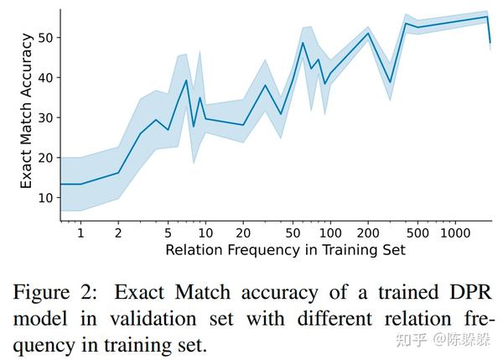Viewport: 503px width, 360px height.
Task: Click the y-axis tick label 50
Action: [x=44, y=38]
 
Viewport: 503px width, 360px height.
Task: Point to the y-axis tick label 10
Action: [x=44, y=197]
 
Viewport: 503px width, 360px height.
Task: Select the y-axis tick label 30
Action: [x=44, y=117]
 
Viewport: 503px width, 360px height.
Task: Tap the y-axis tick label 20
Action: [x=44, y=158]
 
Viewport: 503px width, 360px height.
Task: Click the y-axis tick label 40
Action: [x=44, y=77]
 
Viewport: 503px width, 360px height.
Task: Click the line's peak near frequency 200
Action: [x=369, y=33]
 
